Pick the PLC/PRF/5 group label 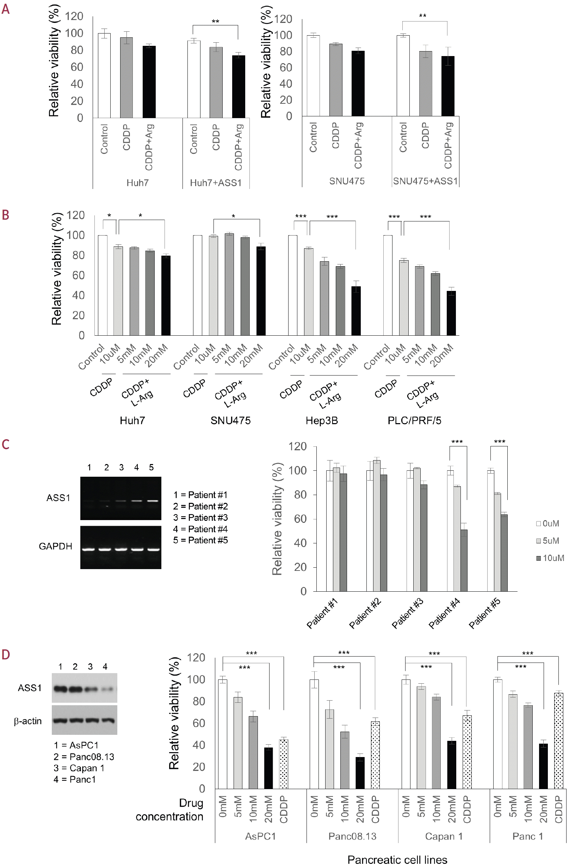[x=414, y=421]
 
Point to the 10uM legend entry [x=550, y=558]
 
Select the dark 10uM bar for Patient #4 [x=464, y=560]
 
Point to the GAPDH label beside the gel [x=55, y=546]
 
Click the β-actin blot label [x=27, y=721]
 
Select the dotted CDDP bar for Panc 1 [x=558, y=741]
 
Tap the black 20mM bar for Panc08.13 [x=360, y=773]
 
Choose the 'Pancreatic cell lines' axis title [x=397, y=859]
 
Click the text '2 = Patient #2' [x=200, y=506]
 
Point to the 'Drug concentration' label [x=169, y=810]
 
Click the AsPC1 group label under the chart [x=260, y=836]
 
